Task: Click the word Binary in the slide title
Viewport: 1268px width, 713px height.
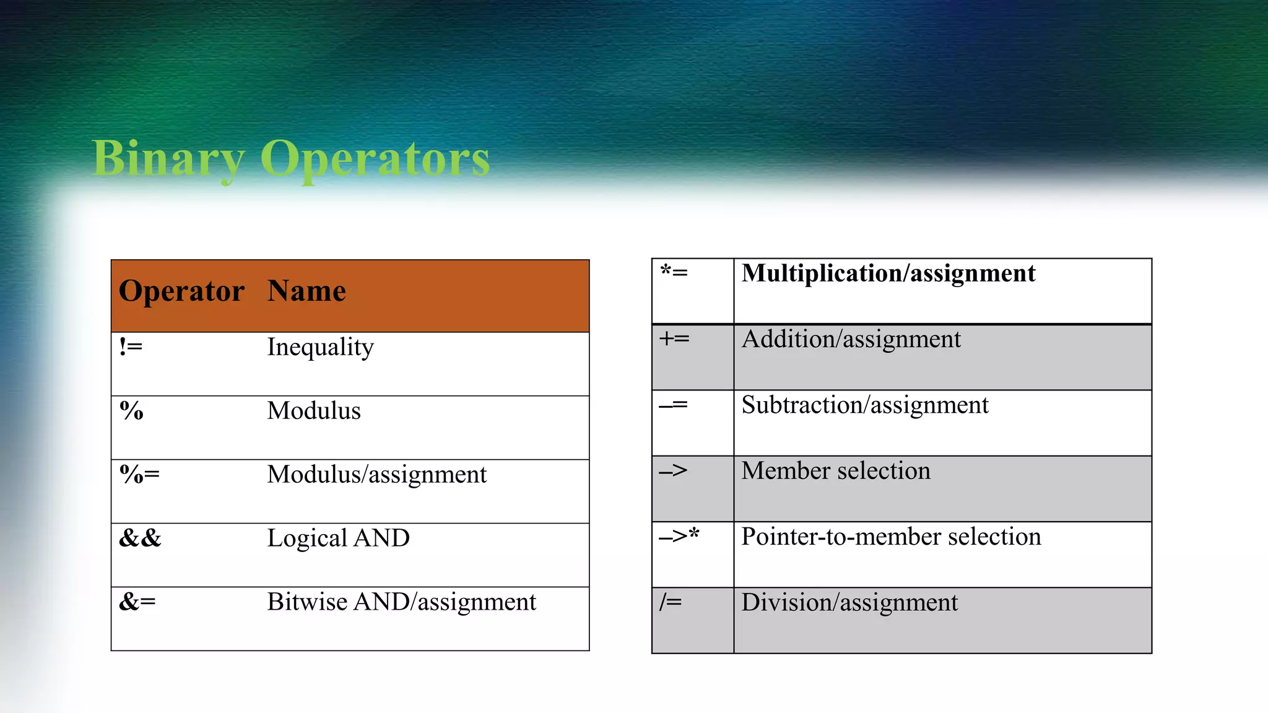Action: pos(168,158)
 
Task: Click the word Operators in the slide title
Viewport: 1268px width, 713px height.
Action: pos(375,158)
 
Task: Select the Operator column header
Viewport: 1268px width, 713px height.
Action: pos(181,291)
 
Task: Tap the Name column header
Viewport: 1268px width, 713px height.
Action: pos(306,291)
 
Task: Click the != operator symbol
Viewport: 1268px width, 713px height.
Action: pos(131,347)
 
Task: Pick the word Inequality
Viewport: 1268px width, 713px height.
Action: pos(320,348)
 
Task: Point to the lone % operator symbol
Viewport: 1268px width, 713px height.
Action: pos(131,411)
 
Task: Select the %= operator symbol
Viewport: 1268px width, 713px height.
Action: pos(139,475)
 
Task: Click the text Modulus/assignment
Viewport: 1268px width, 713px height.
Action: pos(376,475)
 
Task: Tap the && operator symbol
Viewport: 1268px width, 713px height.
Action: pos(140,538)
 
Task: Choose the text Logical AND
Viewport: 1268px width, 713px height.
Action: pos(338,538)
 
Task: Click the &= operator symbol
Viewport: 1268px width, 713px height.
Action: pos(137,602)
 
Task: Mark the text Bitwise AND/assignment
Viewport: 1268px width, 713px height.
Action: pos(401,602)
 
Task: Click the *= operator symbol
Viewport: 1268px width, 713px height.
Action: pos(674,272)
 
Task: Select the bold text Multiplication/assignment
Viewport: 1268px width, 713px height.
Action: pos(888,274)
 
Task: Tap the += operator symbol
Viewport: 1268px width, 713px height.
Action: pos(674,339)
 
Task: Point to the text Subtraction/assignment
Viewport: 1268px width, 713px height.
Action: pos(864,405)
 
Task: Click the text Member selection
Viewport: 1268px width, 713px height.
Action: pos(836,471)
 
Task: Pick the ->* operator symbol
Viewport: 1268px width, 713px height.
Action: pos(679,536)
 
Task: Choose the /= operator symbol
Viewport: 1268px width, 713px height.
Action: pos(671,602)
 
